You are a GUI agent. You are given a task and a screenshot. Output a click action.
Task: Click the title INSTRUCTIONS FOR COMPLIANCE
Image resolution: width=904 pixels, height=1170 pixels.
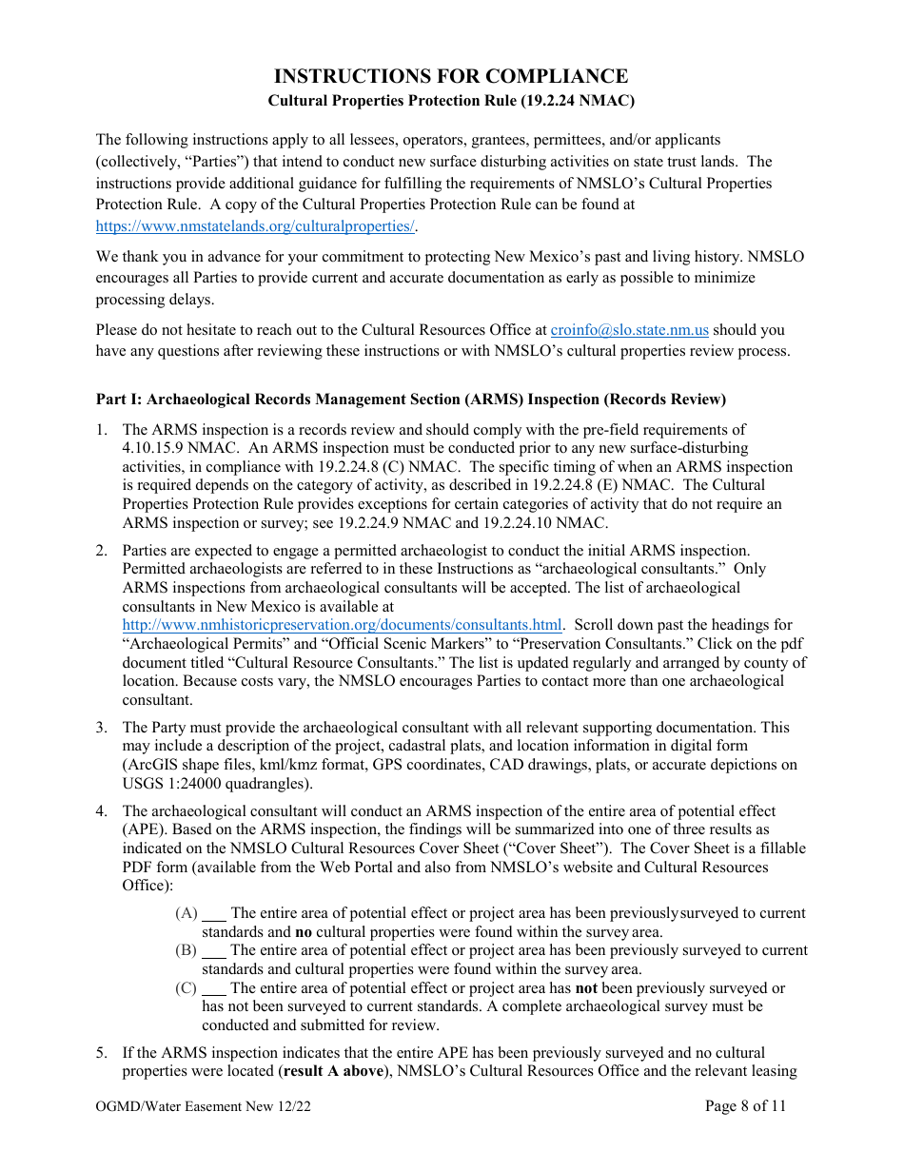pos(451,76)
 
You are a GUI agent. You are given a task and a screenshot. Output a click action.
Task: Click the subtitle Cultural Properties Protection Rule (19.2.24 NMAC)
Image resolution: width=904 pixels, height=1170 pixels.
pos(451,100)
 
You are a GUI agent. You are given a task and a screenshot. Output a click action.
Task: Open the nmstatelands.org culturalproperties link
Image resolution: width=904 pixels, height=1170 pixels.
pos(256,226)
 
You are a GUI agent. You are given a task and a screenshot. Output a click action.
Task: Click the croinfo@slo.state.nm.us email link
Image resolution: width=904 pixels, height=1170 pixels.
pos(629,330)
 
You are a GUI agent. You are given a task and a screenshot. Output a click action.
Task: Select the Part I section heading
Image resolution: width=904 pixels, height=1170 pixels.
pos(410,399)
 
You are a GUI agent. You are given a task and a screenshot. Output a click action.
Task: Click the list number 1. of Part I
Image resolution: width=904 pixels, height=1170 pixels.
pos(102,430)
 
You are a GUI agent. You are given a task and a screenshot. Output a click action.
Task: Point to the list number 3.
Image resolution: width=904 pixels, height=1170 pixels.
pos(102,728)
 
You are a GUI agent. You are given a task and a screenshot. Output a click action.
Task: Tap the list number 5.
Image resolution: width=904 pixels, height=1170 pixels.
pos(102,1053)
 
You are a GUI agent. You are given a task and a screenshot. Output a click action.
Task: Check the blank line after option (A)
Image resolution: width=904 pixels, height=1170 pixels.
pos(214,914)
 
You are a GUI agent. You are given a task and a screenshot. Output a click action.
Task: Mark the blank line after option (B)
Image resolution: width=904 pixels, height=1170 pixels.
pos(214,951)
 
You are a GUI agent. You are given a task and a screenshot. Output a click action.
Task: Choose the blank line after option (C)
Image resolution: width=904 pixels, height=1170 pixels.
pos(214,988)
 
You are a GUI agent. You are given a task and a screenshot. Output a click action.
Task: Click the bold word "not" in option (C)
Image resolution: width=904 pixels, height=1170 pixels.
pos(586,988)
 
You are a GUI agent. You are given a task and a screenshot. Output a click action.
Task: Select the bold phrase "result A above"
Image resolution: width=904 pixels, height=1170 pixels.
pos(334,1071)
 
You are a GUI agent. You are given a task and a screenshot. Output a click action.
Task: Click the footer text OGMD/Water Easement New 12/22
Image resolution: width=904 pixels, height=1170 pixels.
pos(205,1106)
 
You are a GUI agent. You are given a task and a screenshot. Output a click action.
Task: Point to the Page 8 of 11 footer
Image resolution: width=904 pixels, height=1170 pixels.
pos(745,1105)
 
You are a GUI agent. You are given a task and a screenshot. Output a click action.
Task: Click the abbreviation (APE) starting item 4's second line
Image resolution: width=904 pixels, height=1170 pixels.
pos(142,829)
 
